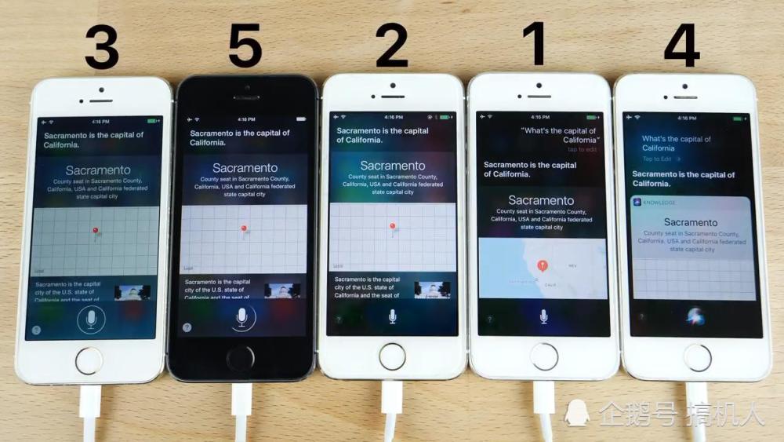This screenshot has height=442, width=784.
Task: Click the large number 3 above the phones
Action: coord(101,46)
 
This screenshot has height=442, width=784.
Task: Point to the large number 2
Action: coord(391,45)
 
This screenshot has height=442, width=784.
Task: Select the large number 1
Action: coord(538,44)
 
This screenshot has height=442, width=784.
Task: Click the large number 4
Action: coord(681,45)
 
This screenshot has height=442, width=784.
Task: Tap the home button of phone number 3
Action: coord(89,360)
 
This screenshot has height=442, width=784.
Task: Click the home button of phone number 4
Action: coord(697,357)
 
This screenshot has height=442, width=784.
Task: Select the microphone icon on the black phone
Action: coord(242,316)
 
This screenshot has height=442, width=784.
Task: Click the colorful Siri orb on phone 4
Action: coord(695,316)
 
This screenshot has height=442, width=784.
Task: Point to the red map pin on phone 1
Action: coord(542,265)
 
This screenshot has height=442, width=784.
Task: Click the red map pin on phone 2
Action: coord(393,227)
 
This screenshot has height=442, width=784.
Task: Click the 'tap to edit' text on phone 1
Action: coord(582,149)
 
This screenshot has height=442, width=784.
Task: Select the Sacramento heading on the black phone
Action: coord(245,167)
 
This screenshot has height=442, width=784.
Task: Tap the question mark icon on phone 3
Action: coord(36,330)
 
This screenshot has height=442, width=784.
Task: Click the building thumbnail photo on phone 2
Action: coord(432,289)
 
